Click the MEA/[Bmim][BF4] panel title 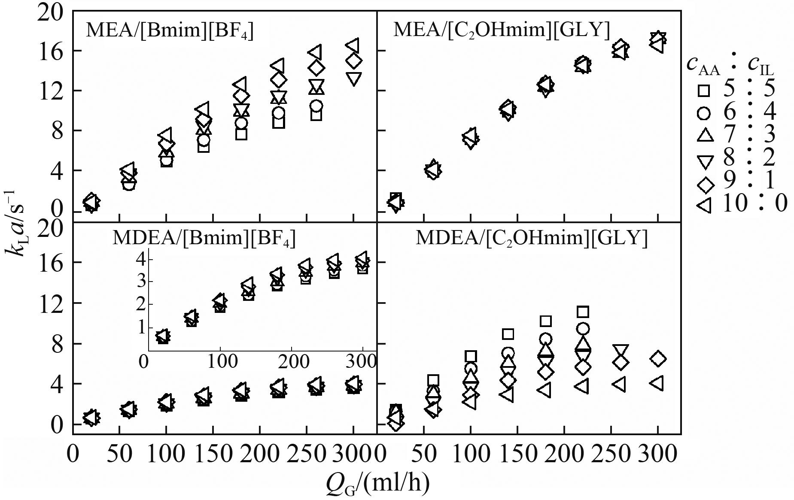pos(170,31)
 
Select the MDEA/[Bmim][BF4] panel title pos(204,239)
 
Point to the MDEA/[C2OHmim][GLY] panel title pos(532,239)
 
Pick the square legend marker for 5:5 pos(704,91)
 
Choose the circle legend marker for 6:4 pos(704,114)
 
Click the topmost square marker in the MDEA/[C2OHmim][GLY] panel pos(583,312)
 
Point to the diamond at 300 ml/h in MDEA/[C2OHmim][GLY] pos(657,359)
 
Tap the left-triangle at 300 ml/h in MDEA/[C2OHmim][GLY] pos(657,383)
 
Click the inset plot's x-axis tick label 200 pos(292,361)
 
